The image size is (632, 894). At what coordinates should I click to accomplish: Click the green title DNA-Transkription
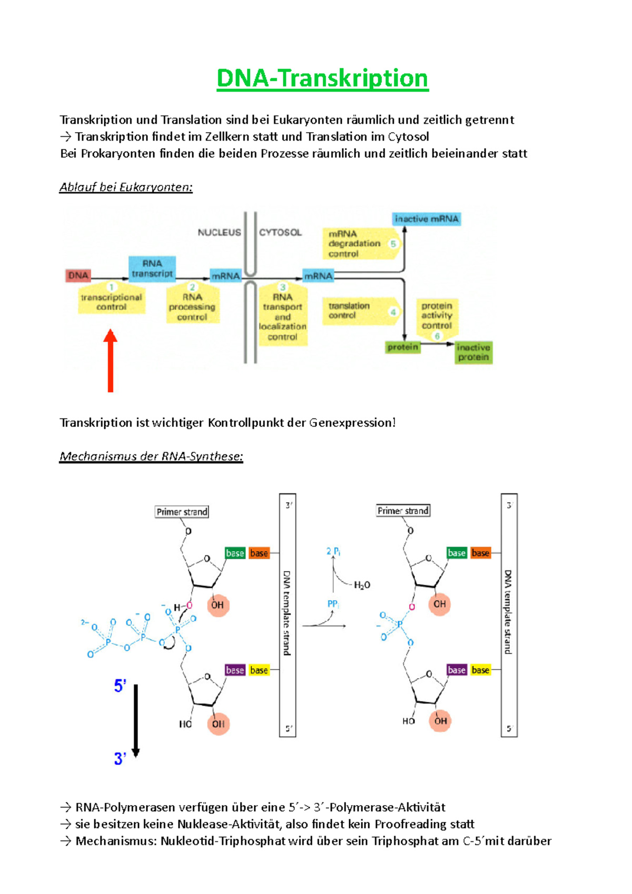click(x=322, y=78)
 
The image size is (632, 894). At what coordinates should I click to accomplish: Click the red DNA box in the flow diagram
click(x=78, y=275)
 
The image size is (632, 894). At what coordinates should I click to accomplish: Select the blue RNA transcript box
click(x=152, y=269)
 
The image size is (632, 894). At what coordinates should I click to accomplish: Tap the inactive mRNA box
click(x=427, y=219)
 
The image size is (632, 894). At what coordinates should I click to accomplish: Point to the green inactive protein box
click(x=473, y=352)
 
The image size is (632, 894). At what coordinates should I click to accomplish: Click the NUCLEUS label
click(x=219, y=232)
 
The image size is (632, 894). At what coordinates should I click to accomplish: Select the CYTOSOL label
click(x=280, y=232)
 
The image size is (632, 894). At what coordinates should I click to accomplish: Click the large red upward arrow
click(x=110, y=361)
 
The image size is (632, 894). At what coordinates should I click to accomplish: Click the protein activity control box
click(x=437, y=316)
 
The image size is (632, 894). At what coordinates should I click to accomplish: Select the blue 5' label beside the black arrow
click(x=120, y=686)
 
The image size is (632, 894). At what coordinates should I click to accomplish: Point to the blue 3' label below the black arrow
click(x=120, y=759)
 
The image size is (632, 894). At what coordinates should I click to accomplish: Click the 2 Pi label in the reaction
click(x=333, y=551)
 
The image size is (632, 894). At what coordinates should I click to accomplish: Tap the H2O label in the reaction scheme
click(x=362, y=585)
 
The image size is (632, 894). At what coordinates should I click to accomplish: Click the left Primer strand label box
click(x=182, y=512)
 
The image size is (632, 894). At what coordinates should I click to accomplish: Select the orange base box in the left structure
click(x=259, y=553)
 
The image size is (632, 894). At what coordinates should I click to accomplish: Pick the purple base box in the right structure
click(x=457, y=670)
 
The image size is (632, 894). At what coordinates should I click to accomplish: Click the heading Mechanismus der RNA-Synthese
click(x=151, y=456)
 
